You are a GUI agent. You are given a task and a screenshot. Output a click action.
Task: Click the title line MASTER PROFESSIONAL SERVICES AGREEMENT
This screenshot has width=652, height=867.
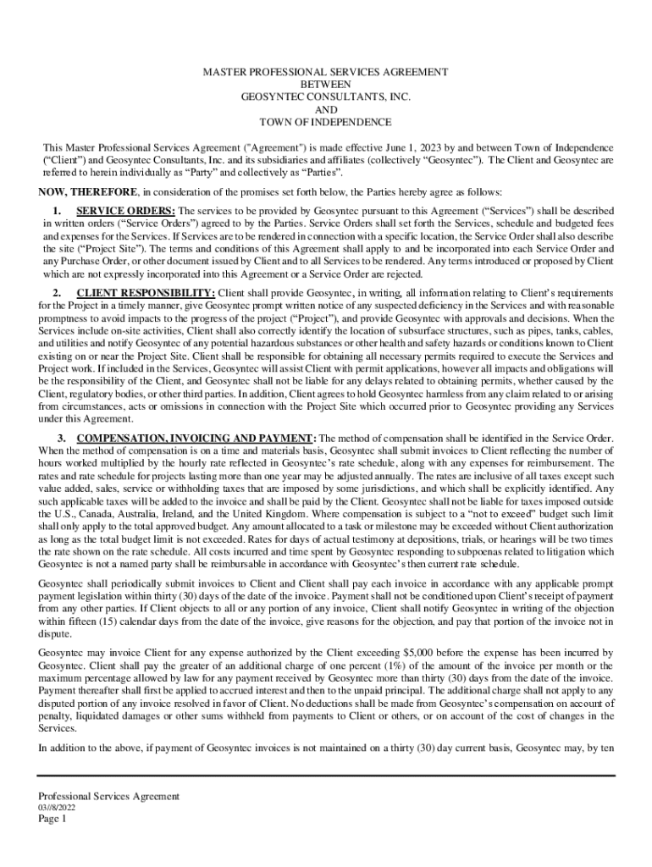click(x=326, y=72)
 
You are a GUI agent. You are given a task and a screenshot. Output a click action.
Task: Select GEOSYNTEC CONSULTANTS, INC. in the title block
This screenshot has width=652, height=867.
click(x=326, y=97)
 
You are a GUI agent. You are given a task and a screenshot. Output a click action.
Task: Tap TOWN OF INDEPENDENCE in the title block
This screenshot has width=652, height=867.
click(x=326, y=122)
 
